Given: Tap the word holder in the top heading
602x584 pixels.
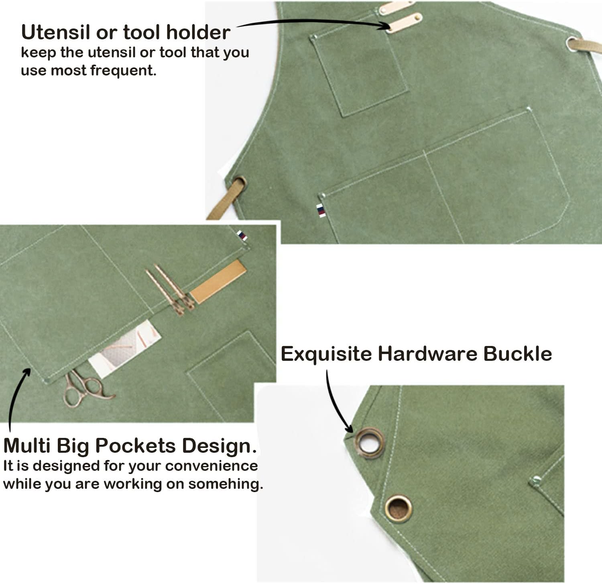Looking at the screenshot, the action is (x=198, y=32).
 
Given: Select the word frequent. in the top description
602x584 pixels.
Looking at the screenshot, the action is (x=123, y=70).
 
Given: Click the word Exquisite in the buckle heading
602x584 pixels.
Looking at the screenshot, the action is (x=326, y=354).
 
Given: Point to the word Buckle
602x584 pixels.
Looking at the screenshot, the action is (x=517, y=354).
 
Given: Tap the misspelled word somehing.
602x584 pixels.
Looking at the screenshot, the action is (x=226, y=484).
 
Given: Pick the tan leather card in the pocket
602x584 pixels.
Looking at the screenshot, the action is (x=218, y=281).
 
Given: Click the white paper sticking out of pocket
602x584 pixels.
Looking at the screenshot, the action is (x=124, y=348).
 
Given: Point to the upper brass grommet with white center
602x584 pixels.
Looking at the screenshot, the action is (x=369, y=443).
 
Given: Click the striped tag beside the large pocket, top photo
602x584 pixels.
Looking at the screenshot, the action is (x=321, y=210).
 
